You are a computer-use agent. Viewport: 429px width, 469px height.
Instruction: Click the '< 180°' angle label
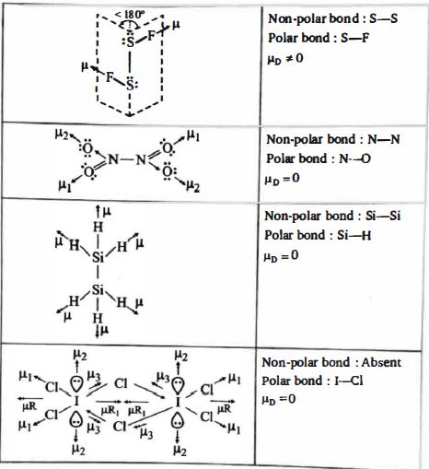[129, 15]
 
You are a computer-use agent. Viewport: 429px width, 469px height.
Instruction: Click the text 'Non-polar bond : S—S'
[333, 18]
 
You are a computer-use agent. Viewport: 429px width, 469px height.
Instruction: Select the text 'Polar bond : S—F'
[319, 38]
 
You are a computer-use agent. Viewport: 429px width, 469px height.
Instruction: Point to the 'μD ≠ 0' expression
[285, 59]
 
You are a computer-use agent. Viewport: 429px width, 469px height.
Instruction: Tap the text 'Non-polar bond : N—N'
[333, 139]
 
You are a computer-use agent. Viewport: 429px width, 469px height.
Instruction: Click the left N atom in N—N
[112, 159]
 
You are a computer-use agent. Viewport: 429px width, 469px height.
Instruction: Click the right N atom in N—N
[141, 159]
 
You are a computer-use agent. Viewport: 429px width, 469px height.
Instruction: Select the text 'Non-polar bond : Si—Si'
[332, 216]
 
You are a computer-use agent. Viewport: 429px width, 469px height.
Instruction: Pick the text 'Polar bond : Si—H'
[318, 236]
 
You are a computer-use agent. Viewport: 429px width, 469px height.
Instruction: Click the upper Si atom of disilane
[98, 257]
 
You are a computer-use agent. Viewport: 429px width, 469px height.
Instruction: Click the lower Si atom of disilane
[98, 289]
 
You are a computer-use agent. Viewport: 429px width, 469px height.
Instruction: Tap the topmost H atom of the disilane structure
[98, 228]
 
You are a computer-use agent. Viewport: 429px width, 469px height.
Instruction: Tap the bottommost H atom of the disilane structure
[98, 318]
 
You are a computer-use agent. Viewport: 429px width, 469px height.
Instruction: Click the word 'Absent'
[381, 363]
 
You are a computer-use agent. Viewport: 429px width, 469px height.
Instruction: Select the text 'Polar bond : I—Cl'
[312, 381]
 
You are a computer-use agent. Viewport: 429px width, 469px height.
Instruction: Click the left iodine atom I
[76, 401]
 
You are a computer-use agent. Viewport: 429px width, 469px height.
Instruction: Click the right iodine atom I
[178, 402]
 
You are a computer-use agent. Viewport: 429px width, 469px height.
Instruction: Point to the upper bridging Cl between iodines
[121, 383]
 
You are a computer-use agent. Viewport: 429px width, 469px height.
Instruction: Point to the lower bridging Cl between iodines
[120, 426]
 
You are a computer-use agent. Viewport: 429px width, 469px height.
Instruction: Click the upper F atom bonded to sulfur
[152, 36]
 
